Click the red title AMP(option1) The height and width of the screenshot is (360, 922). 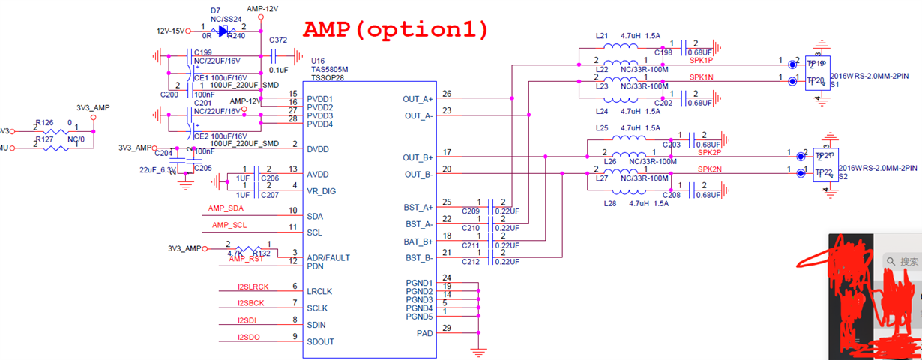coord(396,30)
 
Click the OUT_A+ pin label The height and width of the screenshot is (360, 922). coord(418,98)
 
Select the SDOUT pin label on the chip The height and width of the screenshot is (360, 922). coord(321,342)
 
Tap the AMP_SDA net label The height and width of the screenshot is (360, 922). coord(226,208)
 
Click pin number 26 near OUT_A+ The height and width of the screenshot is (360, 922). coord(447,94)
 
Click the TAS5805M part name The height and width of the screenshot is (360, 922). coord(329,68)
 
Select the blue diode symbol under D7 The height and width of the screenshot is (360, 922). coord(223,31)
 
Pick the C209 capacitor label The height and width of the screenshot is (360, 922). coord(471,211)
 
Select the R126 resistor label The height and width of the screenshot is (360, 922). coord(44,122)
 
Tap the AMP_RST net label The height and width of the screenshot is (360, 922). coord(247,259)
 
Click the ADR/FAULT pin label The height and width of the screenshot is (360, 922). coord(328,257)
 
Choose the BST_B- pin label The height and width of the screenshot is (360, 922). coord(419,258)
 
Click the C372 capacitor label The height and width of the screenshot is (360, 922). coord(277,40)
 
